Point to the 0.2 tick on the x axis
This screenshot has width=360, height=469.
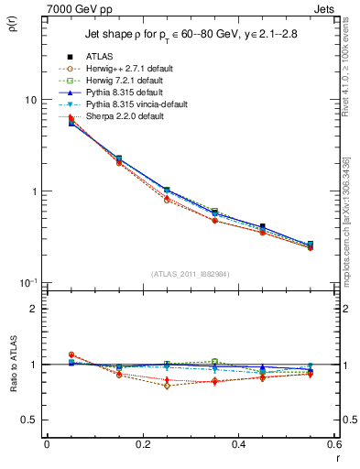pyautogui.click(x=142, y=444)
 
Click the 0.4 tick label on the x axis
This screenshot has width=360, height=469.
pyautogui.click(x=238, y=444)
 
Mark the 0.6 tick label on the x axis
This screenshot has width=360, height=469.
pyautogui.click(x=333, y=444)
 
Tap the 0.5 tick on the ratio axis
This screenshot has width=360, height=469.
pyautogui.click(x=30, y=420)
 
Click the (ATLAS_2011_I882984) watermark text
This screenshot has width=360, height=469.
pyautogui.click(x=191, y=273)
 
